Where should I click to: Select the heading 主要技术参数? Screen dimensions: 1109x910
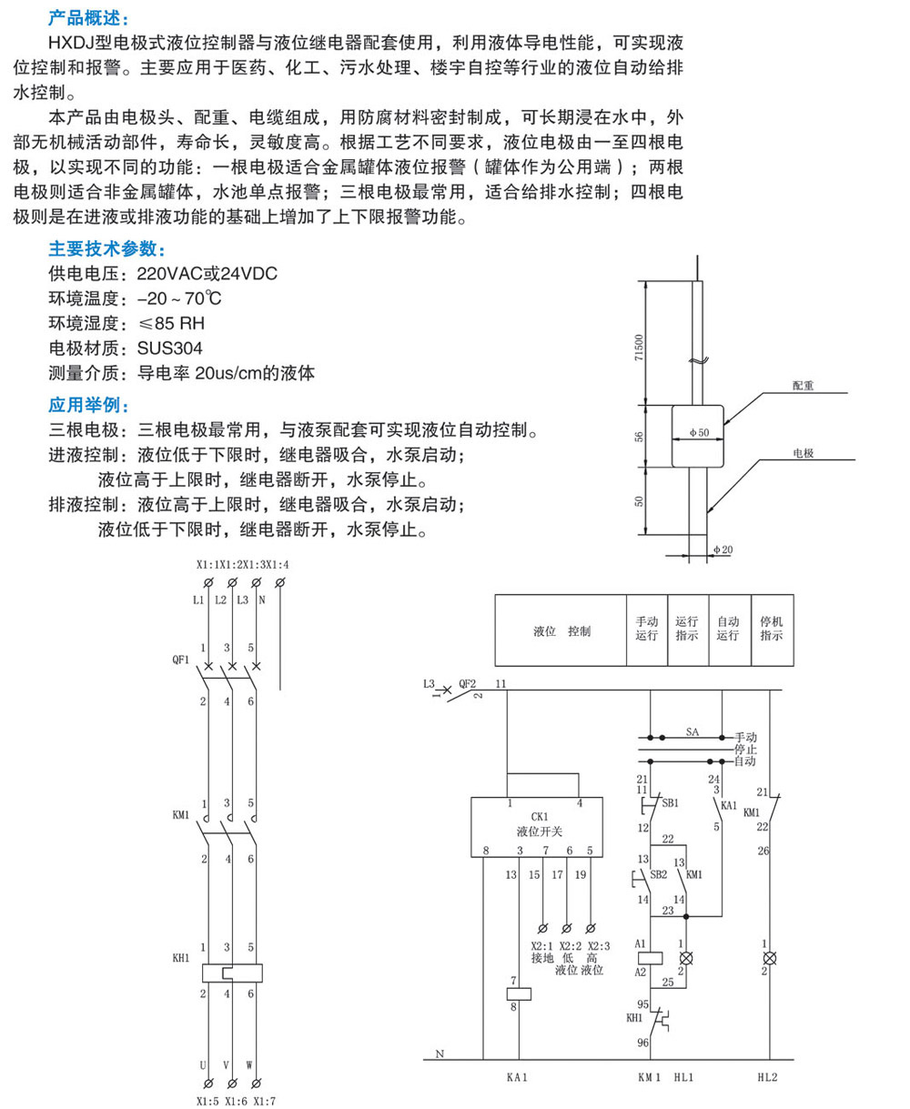[107, 249]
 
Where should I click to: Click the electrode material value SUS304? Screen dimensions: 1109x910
[170, 348]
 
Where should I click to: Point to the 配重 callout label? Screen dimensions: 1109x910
[803, 386]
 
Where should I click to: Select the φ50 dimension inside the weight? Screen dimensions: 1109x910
[698, 433]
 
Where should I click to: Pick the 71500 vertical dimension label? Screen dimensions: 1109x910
[640, 348]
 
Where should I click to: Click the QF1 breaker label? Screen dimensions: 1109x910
[180, 660]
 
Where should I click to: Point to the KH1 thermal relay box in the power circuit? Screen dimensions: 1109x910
[231, 973]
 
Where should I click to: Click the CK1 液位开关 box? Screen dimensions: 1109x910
[534, 827]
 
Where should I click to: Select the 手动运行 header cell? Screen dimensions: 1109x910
[647, 630]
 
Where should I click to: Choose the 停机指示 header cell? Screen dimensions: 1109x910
[772, 630]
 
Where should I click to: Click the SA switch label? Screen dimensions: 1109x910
[692, 731]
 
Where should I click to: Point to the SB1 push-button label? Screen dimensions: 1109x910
[670, 803]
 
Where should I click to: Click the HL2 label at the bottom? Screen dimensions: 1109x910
[768, 1076]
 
